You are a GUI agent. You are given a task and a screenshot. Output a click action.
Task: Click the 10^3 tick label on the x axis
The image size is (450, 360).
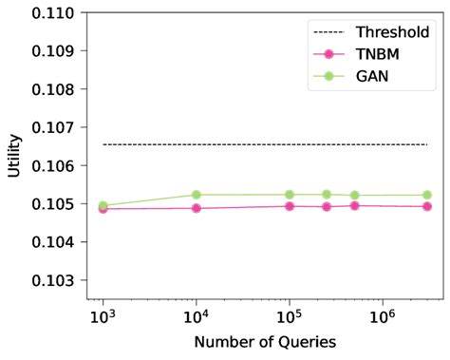103,315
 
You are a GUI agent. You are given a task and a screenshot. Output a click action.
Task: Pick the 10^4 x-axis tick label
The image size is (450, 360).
196,315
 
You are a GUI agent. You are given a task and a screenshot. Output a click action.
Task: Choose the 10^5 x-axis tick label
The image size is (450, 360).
289,315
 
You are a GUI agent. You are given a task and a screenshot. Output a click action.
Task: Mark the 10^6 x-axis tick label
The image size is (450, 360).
382,315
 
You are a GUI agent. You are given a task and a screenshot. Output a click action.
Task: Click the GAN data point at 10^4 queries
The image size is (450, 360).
196,195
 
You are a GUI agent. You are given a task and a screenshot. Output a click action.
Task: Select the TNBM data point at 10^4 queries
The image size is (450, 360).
196,207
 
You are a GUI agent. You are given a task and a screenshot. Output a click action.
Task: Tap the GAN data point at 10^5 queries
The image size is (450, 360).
289,195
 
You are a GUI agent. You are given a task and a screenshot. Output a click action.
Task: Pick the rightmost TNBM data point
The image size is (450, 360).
426,206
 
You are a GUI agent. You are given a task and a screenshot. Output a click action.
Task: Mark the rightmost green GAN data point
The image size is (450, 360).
426,195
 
